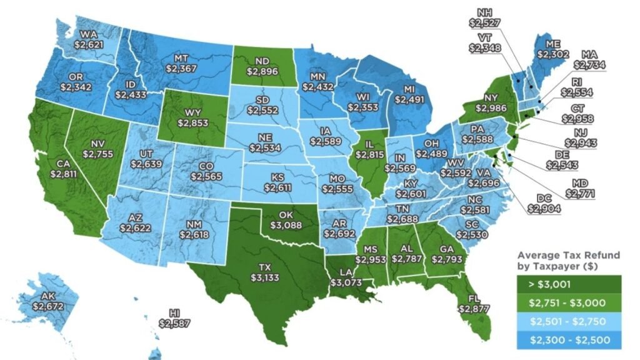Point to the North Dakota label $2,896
point(262,67)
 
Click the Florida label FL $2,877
point(473,303)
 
